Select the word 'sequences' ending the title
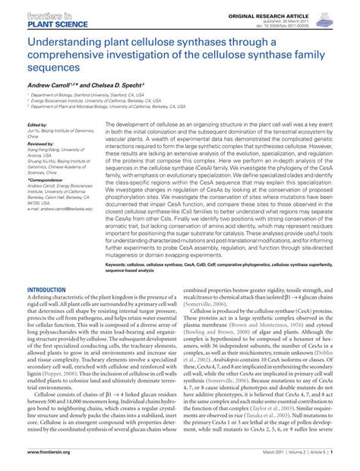point(52,67)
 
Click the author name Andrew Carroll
point(53,86)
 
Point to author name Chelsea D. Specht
point(129,86)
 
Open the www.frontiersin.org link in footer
point(49,451)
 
